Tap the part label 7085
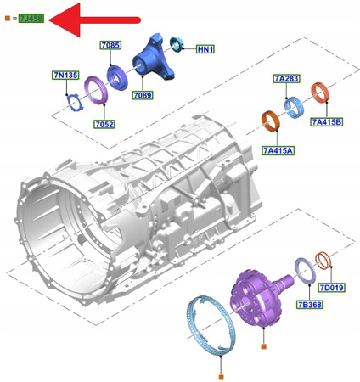(111, 44)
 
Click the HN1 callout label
(205, 49)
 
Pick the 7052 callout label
(104, 124)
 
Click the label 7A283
(286, 78)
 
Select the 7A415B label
(326, 122)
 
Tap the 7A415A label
(277, 150)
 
